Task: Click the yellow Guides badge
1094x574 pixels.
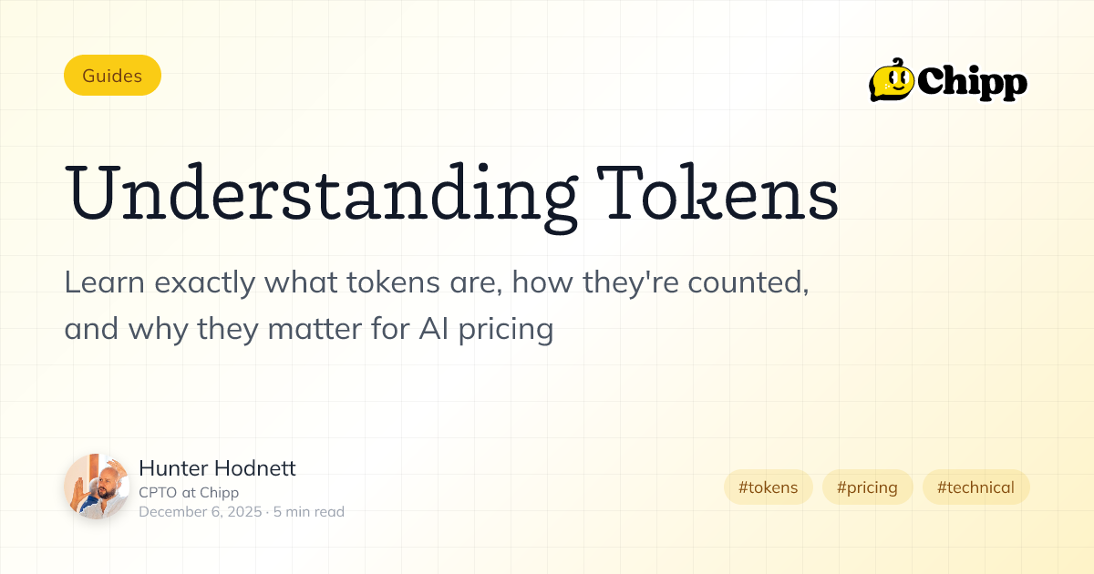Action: point(112,76)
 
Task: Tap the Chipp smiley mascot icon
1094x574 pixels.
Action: point(891,80)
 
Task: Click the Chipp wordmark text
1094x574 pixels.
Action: point(972,83)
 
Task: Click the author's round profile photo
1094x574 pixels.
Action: point(97,487)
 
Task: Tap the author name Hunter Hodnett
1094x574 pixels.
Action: point(217,469)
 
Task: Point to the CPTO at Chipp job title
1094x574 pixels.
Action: point(189,493)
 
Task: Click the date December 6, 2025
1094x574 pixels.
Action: point(200,512)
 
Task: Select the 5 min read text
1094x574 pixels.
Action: point(309,512)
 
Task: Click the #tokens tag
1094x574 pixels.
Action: point(768,487)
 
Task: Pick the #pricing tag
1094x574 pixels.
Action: point(867,487)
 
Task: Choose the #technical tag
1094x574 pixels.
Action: point(975,487)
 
